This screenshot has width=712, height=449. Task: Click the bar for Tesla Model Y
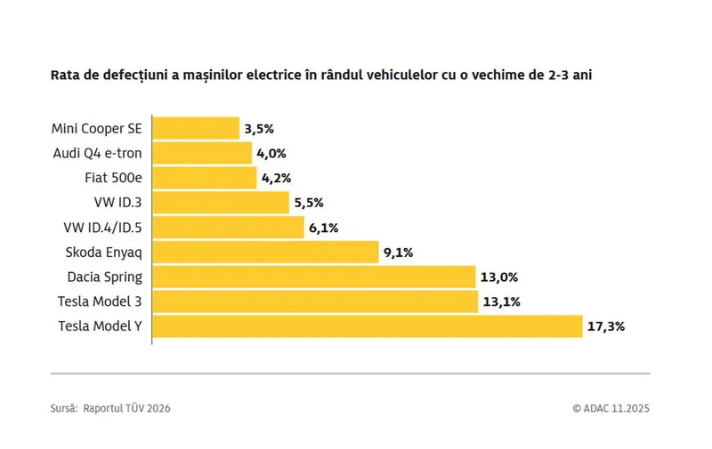pyautogui.click(x=367, y=326)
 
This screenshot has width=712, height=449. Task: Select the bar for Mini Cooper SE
pyautogui.click(x=196, y=128)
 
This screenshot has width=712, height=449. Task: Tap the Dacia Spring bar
pyautogui.click(x=313, y=277)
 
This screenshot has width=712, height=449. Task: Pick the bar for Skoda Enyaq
pyautogui.click(x=265, y=252)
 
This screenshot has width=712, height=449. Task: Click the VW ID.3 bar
pyautogui.click(x=221, y=203)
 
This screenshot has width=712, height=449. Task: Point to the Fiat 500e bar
pyautogui.click(x=204, y=178)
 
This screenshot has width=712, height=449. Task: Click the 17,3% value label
pyautogui.click(x=606, y=326)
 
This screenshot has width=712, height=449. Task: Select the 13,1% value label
pyautogui.click(x=500, y=301)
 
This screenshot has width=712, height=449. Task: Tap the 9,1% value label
pyautogui.click(x=398, y=252)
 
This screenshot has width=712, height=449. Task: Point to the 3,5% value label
pyautogui.click(x=259, y=128)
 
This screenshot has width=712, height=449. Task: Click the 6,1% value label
pyautogui.click(x=323, y=228)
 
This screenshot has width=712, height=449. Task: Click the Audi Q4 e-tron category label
pyautogui.click(x=98, y=153)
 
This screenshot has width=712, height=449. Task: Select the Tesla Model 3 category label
pyautogui.click(x=100, y=301)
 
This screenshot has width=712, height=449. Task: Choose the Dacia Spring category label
pyautogui.click(x=104, y=277)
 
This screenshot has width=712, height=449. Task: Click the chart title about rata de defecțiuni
pyautogui.click(x=321, y=75)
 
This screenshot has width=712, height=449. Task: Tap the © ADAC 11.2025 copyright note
pyautogui.click(x=611, y=408)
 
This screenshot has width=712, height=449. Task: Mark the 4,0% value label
pyautogui.click(x=271, y=153)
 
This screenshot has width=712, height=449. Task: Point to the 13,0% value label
pyautogui.click(x=499, y=277)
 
